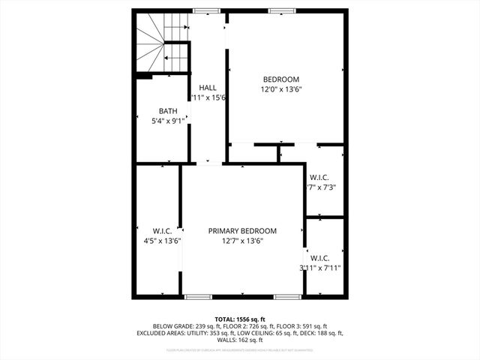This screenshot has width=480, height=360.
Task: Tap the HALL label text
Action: click(x=208, y=88)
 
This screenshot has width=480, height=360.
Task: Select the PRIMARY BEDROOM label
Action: click(x=242, y=231)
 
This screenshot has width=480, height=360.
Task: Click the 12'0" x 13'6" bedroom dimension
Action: click(x=281, y=89)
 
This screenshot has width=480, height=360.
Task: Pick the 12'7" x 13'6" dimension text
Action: click(x=242, y=241)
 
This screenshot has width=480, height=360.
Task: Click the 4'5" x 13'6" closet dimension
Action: click(x=163, y=241)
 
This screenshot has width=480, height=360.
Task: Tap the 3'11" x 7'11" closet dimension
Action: click(x=320, y=267)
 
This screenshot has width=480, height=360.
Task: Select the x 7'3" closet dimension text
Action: click(x=322, y=187)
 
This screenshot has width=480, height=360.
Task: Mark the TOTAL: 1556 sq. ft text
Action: click(x=240, y=319)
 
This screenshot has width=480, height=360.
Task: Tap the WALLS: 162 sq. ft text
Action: click(x=240, y=340)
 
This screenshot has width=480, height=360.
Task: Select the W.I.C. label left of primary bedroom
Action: click(x=163, y=231)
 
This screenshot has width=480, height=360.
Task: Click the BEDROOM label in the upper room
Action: click(x=281, y=79)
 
